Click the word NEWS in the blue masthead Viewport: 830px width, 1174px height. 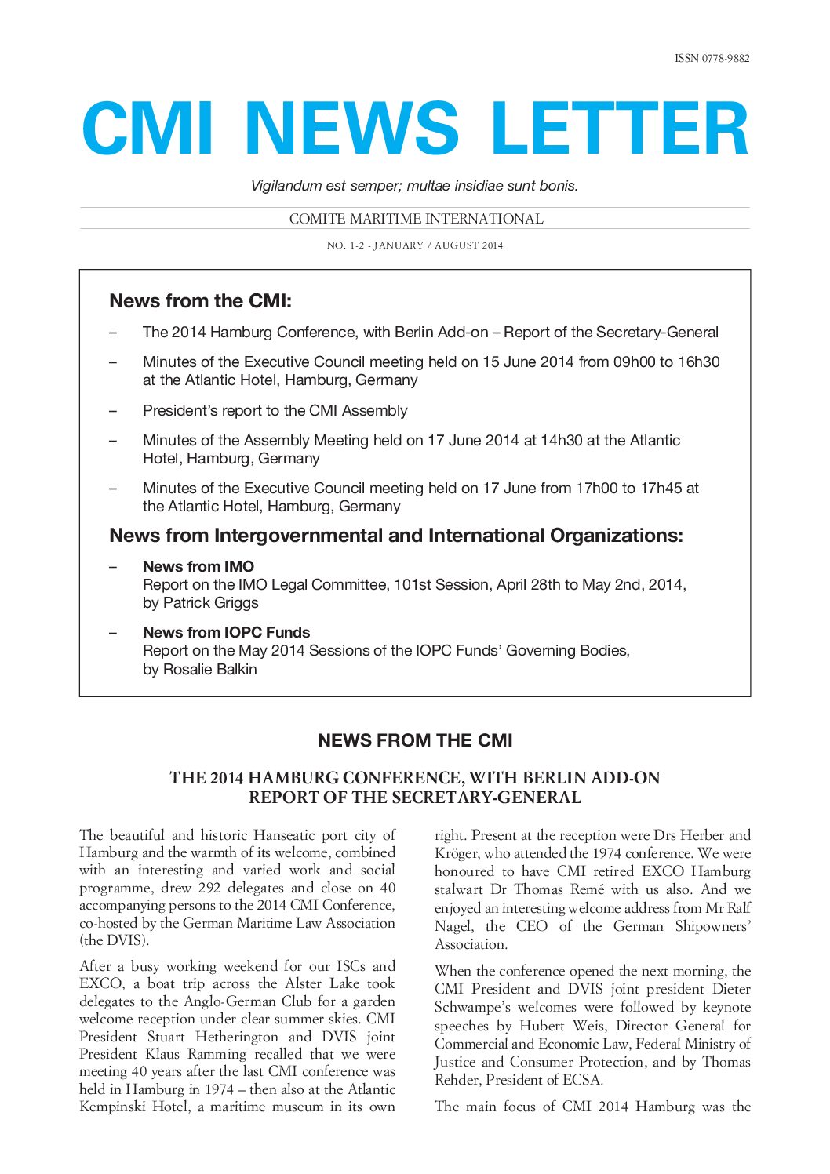[351, 129]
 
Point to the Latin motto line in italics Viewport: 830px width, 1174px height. [414, 186]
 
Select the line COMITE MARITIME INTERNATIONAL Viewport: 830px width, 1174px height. [416, 219]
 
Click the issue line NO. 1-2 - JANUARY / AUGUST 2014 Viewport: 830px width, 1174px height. [414, 245]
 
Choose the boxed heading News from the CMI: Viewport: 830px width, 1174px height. [200, 301]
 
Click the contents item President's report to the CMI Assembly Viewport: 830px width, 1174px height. [275, 410]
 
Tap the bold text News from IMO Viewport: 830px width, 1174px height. [198, 566]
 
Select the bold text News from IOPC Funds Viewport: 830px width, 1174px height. [226, 632]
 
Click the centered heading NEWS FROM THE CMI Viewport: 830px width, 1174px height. [414, 740]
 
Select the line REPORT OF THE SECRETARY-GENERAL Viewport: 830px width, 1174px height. [414, 798]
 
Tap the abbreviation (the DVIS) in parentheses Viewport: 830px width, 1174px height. [114, 940]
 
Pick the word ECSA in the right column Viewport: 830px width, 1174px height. [581, 1080]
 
